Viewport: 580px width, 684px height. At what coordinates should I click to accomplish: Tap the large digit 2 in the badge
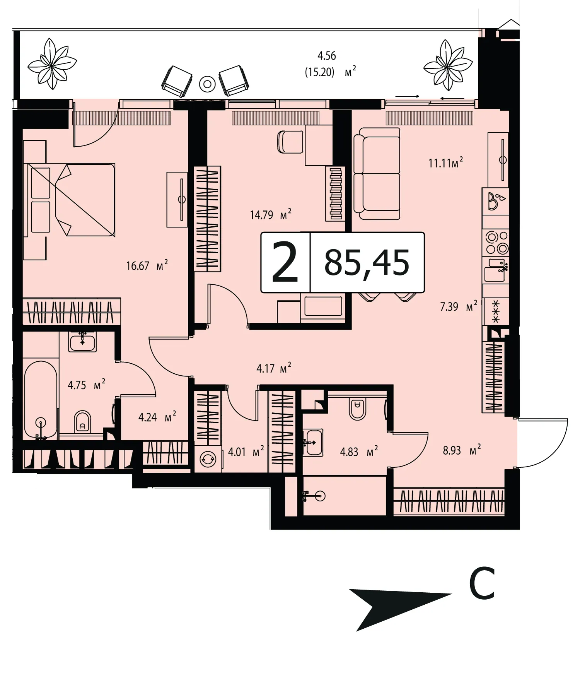click(x=285, y=262)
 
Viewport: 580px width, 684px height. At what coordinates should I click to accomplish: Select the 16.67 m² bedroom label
click(x=147, y=265)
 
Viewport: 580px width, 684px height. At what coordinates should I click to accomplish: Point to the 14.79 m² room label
click(x=270, y=214)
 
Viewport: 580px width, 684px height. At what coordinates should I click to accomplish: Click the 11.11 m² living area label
click(x=445, y=162)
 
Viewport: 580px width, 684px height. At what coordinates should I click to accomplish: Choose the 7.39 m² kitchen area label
click(x=459, y=307)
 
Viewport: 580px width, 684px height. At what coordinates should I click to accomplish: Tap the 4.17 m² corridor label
click(x=274, y=368)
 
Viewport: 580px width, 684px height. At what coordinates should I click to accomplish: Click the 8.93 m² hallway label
click(x=462, y=450)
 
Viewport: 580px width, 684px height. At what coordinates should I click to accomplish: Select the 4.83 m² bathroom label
click(x=359, y=451)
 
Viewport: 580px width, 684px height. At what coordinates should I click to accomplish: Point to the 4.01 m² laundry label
click(x=246, y=451)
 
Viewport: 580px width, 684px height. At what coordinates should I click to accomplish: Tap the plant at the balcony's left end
click(x=52, y=64)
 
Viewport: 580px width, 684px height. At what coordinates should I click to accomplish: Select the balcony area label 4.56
click(x=327, y=56)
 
